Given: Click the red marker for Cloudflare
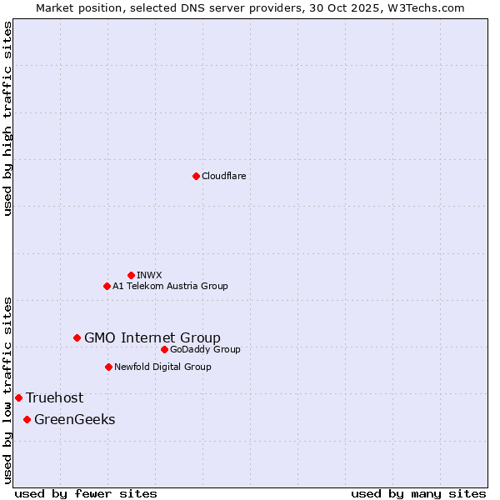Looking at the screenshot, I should [196, 176].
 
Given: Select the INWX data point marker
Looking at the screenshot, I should [131, 275].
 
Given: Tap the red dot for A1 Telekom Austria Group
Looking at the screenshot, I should [107, 286].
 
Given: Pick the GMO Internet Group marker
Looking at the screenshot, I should [77, 337].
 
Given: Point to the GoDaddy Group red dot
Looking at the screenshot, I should [164, 349].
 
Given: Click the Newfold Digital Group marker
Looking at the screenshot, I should [108, 367].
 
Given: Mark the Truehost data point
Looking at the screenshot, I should [18, 397].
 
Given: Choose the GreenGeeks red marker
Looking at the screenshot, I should [27, 419].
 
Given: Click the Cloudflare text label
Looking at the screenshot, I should [223, 176].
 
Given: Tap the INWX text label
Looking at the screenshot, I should [149, 275].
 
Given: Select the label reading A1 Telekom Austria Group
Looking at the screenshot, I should [170, 286].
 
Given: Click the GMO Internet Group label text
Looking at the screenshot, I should [152, 337].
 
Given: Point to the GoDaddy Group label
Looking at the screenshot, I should [205, 349].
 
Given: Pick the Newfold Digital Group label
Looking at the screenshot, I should [162, 367].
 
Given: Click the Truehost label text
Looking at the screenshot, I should [54, 397].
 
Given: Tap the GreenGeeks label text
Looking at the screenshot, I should [74, 419].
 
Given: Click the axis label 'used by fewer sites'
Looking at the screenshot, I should [86, 493].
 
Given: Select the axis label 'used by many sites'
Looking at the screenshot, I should [418, 493].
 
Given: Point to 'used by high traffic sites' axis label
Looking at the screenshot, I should [7, 118].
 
